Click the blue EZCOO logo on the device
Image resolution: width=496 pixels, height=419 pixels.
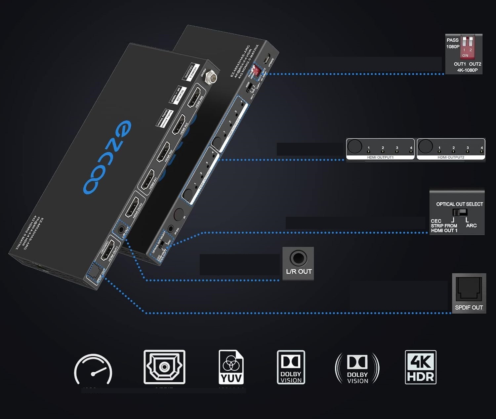pos(107,157)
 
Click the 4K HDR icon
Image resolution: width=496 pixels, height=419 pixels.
pos(421,367)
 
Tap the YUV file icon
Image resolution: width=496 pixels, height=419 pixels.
pos(231,367)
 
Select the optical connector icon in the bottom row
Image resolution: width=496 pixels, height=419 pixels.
pos(164,367)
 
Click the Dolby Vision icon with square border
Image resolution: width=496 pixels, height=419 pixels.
pos(291,367)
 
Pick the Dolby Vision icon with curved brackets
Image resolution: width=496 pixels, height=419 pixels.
pos(357,368)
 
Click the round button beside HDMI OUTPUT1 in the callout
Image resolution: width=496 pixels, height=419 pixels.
pos(354,146)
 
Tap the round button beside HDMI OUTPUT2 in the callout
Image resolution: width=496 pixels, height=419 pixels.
pos(425,146)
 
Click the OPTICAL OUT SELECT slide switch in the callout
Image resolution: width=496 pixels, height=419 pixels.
pos(460,212)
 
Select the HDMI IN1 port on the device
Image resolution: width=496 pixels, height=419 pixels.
pos(147,180)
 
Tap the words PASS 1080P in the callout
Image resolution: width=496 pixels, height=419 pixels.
pos(453,43)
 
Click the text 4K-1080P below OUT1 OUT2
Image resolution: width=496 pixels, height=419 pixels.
pos(467,70)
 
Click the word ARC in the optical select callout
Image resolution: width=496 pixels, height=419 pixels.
pos(471,226)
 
